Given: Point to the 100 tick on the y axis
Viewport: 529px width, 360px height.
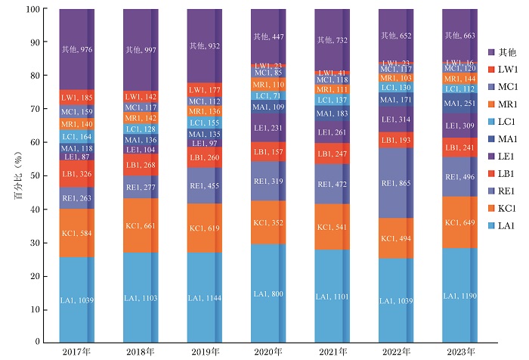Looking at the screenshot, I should pos(33,10).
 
